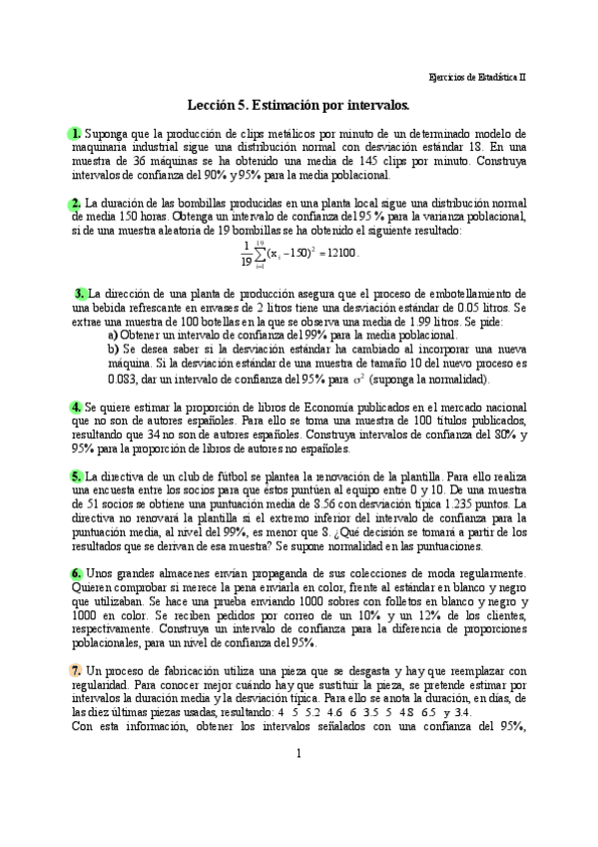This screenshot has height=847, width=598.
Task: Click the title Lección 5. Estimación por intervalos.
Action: (299, 104)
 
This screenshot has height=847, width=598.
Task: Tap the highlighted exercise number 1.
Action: (76, 133)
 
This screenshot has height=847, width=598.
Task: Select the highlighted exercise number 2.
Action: (76, 204)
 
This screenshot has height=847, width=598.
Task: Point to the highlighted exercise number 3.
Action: (80, 294)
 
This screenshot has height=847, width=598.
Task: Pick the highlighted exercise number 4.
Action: (76, 408)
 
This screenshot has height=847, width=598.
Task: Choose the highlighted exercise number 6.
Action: (76, 573)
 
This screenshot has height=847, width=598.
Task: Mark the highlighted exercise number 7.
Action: (76, 669)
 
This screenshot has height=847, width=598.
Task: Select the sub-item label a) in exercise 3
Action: (113, 337)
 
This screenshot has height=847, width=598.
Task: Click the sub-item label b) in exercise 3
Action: (113, 351)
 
